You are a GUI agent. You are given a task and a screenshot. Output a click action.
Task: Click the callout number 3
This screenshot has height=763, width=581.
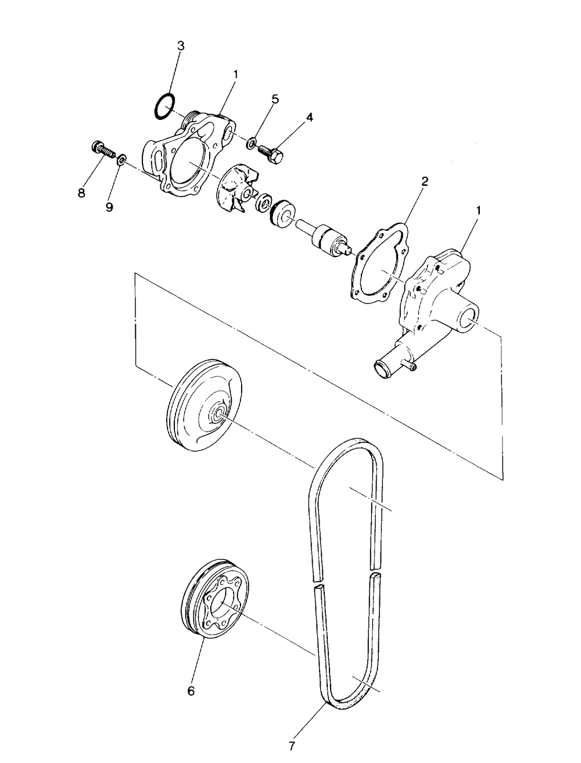click(181, 46)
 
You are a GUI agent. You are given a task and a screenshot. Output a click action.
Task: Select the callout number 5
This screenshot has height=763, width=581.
click(275, 99)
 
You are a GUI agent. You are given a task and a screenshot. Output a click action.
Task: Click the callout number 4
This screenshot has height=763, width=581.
click(309, 117)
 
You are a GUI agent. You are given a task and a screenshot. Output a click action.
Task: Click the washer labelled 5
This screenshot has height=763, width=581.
click(252, 143)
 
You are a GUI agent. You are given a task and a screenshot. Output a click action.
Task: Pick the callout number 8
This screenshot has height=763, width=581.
click(81, 193)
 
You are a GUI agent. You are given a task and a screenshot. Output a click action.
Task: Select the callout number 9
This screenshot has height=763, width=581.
click(109, 208)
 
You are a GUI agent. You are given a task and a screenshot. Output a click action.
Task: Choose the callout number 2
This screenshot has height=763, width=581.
click(425, 181)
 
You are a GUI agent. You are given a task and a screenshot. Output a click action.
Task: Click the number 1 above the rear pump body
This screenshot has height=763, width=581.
click(478, 211)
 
